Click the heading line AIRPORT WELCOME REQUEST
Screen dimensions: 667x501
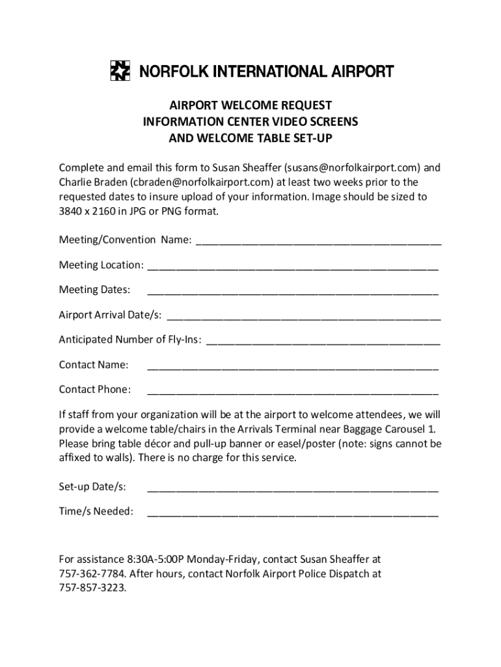251,106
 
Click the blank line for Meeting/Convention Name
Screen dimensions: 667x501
318,241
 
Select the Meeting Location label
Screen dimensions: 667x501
101,265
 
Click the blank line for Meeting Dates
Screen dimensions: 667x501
293,291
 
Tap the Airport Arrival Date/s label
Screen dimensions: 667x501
110,315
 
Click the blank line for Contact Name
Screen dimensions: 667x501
293,365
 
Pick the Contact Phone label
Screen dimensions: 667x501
94,390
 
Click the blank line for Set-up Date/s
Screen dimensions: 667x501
293,488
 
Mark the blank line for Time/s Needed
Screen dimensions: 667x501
293,513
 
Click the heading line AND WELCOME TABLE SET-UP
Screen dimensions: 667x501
251,137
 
